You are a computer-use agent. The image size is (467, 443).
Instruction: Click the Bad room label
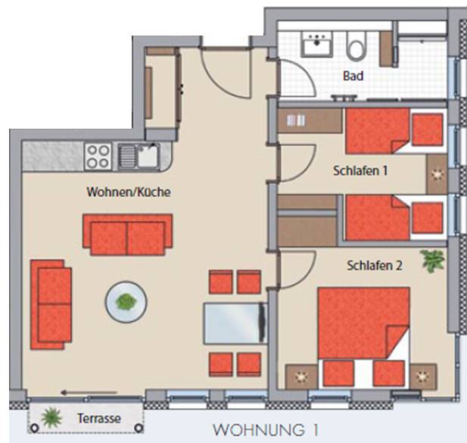coord(353,76)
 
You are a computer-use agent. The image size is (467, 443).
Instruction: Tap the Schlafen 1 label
coord(360,170)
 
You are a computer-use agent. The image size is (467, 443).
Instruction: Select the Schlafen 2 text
coord(375,266)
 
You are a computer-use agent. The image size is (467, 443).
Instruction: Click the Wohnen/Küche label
coord(129,192)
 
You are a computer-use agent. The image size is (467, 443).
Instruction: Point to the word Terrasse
coord(99,418)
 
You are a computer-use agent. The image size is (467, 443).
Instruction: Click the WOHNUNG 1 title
coord(266,430)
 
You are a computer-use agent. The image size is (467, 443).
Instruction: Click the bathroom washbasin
coord(316,45)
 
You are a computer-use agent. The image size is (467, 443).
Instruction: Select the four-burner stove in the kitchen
coord(98,157)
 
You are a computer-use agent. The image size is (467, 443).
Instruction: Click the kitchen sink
coord(139,156)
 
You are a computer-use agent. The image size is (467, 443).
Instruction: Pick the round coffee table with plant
coord(126,302)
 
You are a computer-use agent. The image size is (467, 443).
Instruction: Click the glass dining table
coord(235,323)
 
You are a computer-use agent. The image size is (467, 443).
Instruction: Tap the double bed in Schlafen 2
coord(363,338)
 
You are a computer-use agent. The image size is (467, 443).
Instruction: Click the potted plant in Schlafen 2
coord(432,261)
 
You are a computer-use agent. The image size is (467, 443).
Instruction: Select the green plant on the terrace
coord(51,417)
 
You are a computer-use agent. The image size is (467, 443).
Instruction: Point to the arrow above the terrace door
coord(89,393)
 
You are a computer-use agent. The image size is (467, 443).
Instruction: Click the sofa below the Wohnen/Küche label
coord(127,235)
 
